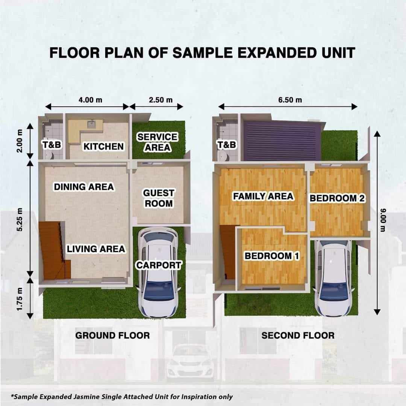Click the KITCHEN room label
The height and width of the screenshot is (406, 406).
(x=104, y=147)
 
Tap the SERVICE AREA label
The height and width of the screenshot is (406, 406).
(x=158, y=142)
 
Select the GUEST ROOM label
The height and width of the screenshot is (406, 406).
(x=159, y=198)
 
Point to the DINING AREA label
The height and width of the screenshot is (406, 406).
(x=83, y=187)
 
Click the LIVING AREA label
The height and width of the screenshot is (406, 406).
(x=96, y=249)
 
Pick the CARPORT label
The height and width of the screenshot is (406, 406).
(x=159, y=265)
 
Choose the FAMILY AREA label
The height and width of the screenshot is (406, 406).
(x=263, y=196)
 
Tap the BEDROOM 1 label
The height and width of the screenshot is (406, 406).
(x=272, y=256)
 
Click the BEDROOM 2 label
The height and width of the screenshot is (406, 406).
(x=337, y=198)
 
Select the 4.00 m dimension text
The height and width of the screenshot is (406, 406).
(x=90, y=100)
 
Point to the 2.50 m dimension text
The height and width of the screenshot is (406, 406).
(x=161, y=100)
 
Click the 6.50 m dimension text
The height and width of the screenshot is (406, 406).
(x=290, y=100)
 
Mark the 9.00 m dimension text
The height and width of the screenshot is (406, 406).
(x=383, y=220)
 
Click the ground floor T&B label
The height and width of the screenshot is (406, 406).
(x=52, y=144)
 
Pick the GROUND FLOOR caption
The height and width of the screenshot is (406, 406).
(x=113, y=336)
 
